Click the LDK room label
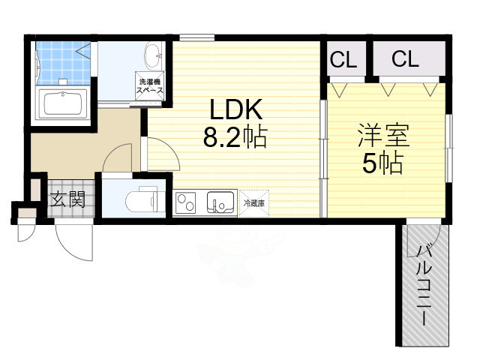(x=235, y=111)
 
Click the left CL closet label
(x=343, y=59)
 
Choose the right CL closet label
(x=404, y=59)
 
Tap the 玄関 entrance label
(x=67, y=199)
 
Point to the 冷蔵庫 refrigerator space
(x=254, y=203)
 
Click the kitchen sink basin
(x=220, y=202)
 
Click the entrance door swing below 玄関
(x=71, y=240)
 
